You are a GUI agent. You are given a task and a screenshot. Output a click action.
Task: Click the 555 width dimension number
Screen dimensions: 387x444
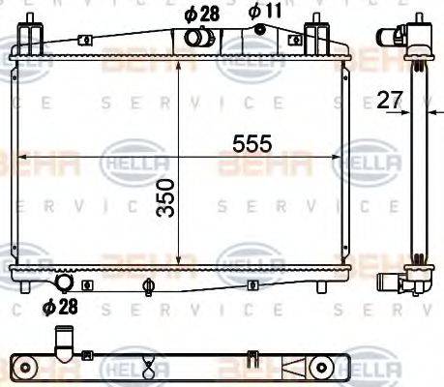point(252,143)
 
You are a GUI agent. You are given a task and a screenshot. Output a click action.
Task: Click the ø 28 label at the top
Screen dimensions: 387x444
point(201,14)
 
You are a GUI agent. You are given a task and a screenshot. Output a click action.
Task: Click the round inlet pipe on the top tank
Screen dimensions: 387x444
point(198,39)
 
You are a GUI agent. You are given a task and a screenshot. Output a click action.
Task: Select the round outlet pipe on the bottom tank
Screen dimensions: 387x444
point(66,283)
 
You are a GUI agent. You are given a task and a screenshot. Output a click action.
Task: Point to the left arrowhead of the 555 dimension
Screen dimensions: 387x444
point(15,158)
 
